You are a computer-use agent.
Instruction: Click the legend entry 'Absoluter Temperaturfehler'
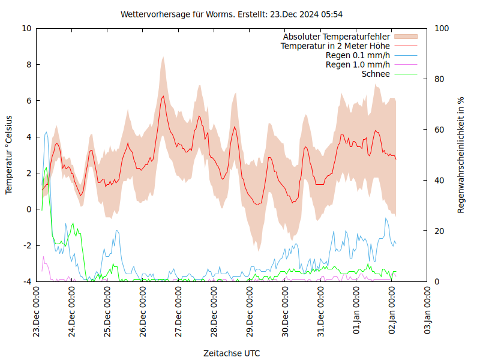click(337, 37)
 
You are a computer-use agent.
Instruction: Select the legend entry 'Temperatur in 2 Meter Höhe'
click(335, 46)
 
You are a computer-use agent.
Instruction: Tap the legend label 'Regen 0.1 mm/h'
click(358, 55)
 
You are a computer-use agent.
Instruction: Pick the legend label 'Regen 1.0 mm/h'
click(358, 65)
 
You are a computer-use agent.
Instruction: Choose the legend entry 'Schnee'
click(376, 74)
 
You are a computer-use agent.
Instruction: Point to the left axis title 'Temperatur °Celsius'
click(9, 154)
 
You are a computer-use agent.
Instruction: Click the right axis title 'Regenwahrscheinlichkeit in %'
click(461, 154)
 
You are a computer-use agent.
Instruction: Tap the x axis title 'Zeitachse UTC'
click(232, 353)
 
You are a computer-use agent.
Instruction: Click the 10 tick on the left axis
click(26, 28)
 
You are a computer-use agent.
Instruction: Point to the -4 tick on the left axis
click(26, 281)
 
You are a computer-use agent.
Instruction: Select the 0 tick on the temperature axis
click(29, 209)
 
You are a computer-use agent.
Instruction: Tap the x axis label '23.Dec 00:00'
click(36, 312)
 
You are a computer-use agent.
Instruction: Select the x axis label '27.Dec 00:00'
click(179, 312)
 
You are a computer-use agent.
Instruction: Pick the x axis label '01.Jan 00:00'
click(356, 312)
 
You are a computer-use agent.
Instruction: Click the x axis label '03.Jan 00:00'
click(428, 312)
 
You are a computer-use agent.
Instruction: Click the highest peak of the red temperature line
click(163, 95)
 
